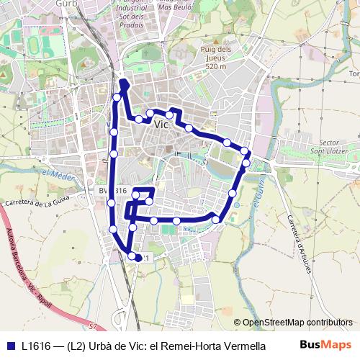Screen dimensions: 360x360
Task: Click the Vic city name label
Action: (161, 124)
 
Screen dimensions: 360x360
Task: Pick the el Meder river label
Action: (55, 175)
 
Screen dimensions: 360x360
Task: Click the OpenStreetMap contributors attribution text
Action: (297, 323)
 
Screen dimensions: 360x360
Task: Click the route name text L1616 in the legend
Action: (36, 345)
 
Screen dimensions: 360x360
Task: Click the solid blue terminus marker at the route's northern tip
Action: (123, 84)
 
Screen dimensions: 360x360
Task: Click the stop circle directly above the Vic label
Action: (150, 113)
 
